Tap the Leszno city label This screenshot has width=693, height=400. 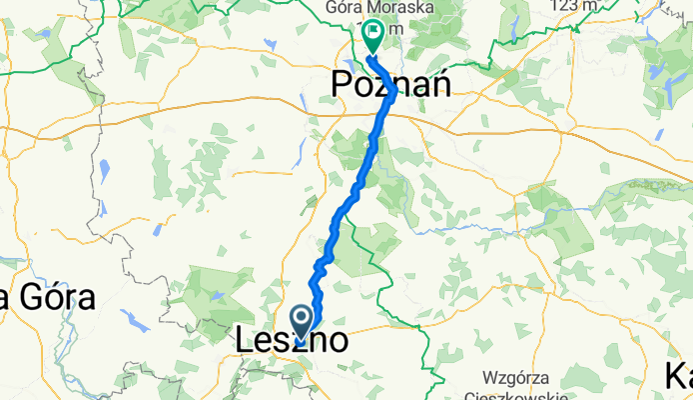pyautogui.click(x=292, y=340)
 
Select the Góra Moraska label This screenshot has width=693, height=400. pyautogui.click(x=364, y=8)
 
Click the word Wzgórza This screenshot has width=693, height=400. pyautogui.click(x=518, y=377)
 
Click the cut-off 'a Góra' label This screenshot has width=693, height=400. pyautogui.click(x=47, y=297)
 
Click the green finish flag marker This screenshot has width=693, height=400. pyautogui.click(x=372, y=37)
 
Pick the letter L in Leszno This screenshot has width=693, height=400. pyautogui.click(x=245, y=340)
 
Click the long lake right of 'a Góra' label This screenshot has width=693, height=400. pyautogui.click(x=135, y=319)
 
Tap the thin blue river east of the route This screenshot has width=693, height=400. pyautogui.click(x=469, y=228)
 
